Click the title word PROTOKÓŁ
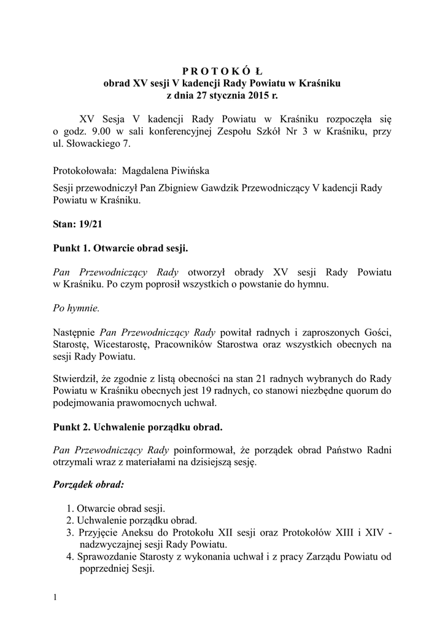click(x=223, y=69)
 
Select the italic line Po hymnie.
click(x=76, y=308)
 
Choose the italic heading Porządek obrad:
click(x=88, y=484)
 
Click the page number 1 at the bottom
click(x=55, y=597)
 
